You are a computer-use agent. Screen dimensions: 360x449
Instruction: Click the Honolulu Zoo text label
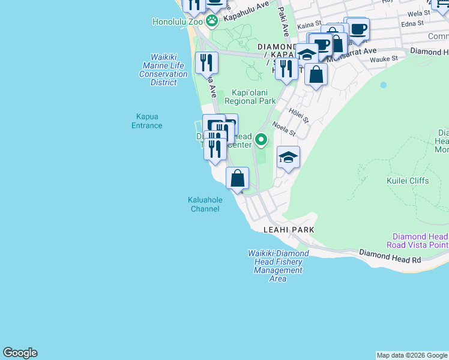coord(178,22)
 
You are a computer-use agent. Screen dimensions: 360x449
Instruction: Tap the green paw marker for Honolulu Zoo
coord(212,21)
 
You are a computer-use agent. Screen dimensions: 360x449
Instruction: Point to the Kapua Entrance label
coord(147,121)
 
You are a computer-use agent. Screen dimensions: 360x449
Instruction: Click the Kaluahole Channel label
coord(205,205)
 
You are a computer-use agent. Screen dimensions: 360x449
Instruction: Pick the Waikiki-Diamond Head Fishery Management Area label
coord(278,266)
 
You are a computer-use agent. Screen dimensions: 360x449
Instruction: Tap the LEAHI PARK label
coord(289,230)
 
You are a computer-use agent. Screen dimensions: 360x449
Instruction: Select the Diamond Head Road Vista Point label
coord(420,241)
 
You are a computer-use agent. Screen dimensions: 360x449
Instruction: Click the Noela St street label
coord(284,128)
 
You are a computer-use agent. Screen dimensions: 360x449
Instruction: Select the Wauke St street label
coord(384,59)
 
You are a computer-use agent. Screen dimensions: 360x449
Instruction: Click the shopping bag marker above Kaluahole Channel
coord(238,178)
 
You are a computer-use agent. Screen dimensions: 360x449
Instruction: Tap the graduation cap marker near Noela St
coord(288,158)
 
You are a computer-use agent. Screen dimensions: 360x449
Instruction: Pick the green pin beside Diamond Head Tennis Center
coord(261,140)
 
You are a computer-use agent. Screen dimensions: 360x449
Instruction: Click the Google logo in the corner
coord(20,353)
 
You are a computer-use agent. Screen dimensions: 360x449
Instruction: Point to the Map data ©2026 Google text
coord(412,355)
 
